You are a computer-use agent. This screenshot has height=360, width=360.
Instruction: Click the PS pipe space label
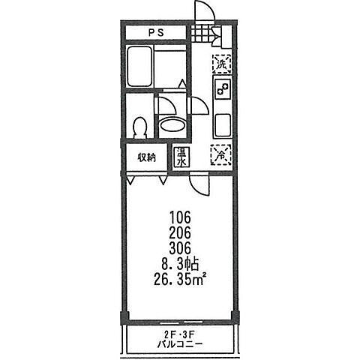[156, 33]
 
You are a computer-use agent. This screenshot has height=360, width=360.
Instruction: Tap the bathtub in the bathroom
[139, 66]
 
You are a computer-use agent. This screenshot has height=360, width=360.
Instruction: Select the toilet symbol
[139, 127]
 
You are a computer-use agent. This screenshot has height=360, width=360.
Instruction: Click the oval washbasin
[172, 126]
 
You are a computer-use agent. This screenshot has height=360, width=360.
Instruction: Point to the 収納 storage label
[147, 157]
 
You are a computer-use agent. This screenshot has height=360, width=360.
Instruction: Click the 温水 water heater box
[181, 157]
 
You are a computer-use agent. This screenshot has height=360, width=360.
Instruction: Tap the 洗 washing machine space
[222, 64]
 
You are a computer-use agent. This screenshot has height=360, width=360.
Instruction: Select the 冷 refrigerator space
[221, 155]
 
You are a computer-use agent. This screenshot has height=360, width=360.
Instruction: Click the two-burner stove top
[222, 89]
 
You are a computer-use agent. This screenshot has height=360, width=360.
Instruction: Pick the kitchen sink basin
[222, 125]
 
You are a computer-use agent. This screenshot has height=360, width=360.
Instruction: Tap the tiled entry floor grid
[202, 33]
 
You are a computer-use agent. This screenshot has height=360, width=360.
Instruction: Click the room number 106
[180, 217]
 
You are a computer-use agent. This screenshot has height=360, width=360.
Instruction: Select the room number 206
[180, 232]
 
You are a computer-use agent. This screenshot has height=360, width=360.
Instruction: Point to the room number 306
[180, 247]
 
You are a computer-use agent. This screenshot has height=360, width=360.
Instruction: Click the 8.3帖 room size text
[181, 264]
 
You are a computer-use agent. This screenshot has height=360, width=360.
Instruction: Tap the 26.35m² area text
[180, 280]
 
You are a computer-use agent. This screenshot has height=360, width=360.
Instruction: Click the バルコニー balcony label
[180, 346]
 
